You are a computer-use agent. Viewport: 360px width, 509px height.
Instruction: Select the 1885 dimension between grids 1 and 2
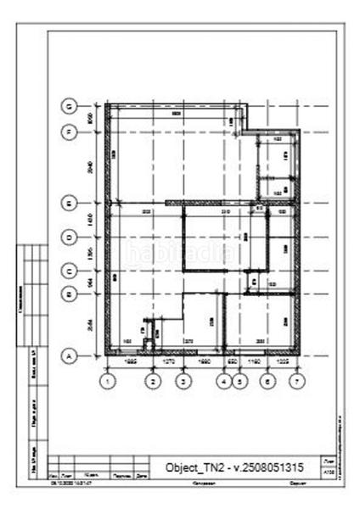tap(131, 361)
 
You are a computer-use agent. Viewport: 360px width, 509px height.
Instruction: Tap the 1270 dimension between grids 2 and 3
tap(167, 361)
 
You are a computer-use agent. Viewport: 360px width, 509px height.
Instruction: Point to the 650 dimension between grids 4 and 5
tap(232, 361)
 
